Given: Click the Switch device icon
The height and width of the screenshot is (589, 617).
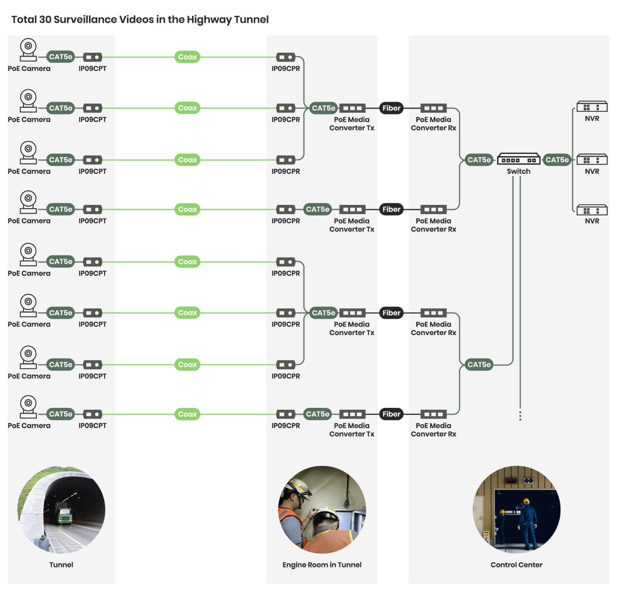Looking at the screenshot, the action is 518,159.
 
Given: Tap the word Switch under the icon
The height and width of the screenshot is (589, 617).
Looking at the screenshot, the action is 518,171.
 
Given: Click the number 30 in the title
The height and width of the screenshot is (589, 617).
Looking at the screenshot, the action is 45,19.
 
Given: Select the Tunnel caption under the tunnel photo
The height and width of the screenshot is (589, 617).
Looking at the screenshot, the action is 61,564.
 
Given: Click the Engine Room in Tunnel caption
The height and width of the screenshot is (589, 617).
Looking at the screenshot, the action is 322,565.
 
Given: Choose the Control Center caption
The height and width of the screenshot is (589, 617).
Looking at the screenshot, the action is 516,564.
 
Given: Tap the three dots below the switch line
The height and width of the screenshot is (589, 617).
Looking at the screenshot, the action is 520,416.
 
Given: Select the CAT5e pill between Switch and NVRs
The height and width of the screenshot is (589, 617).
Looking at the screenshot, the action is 557,160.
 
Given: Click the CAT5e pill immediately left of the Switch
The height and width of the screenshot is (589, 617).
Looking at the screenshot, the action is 479,160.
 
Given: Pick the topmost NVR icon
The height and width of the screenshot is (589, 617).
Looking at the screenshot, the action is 592,106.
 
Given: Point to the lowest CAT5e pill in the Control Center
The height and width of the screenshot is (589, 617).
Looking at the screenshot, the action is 479,364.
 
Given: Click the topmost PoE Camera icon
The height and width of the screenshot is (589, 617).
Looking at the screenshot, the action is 28,50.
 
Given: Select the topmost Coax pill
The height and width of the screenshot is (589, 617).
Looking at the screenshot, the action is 187,57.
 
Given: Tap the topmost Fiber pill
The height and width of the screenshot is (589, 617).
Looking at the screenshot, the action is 391,108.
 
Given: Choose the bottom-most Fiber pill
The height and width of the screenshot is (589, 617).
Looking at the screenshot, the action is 391,414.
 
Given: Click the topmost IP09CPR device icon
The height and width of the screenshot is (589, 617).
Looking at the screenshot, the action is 286,57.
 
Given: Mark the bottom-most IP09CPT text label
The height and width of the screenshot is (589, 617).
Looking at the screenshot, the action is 93,426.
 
